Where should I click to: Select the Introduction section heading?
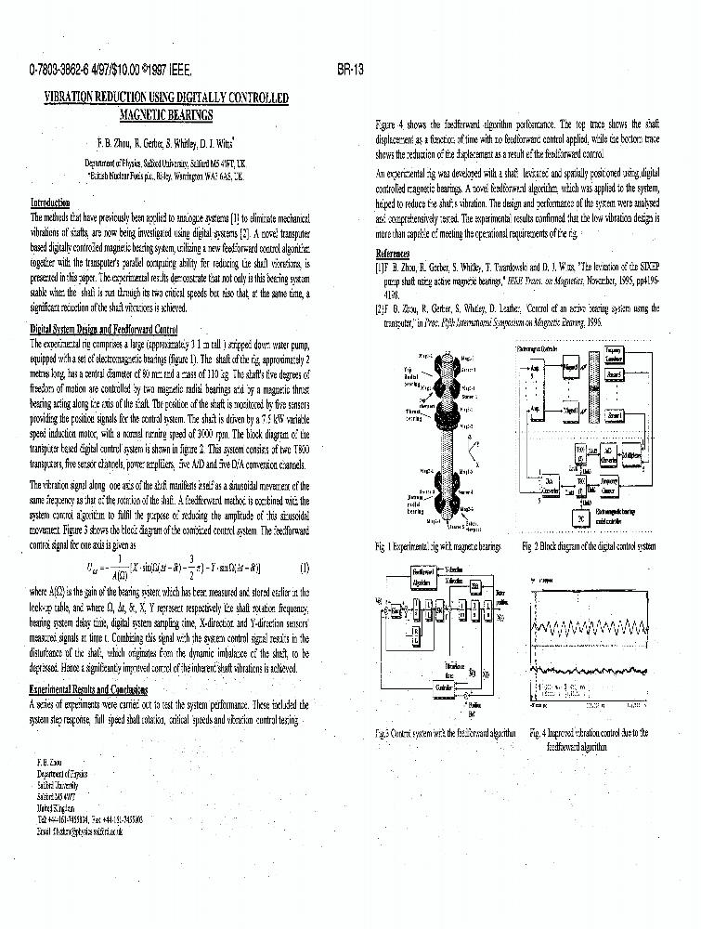pos(50,203)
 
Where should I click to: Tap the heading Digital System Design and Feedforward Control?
pos(104,330)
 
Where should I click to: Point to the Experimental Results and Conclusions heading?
pos(88,689)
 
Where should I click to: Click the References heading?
pos(393,254)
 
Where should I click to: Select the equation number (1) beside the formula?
pos(305,568)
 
